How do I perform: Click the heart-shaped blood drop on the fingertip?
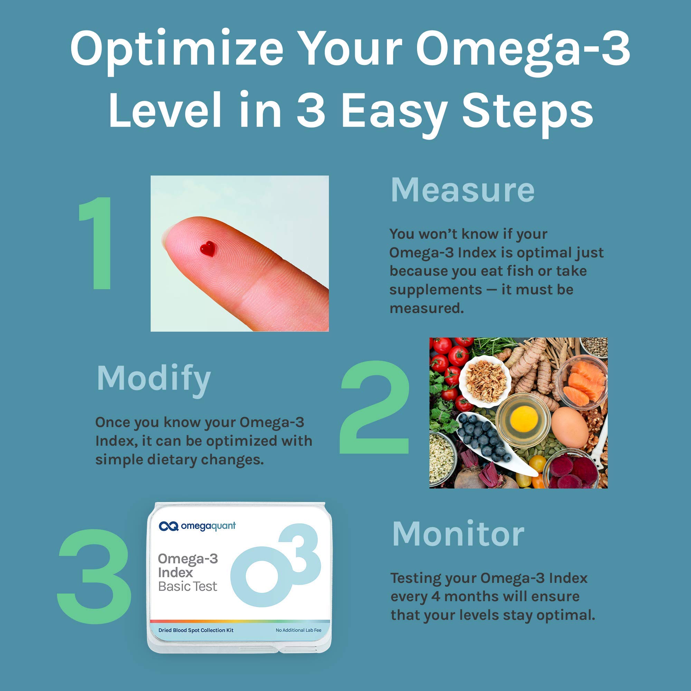click(x=207, y=248)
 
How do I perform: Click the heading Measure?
click(x=463, y=190)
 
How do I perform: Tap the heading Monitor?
click(x=458, y=534)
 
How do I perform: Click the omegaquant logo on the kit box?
click(x=197, y=526)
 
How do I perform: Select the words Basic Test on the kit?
click(x=187, y=587)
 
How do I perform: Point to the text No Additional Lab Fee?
click(x=298, y=630)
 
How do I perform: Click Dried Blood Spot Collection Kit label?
click(x=196, y=630)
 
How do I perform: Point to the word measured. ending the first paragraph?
click(x=426, y=308)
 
